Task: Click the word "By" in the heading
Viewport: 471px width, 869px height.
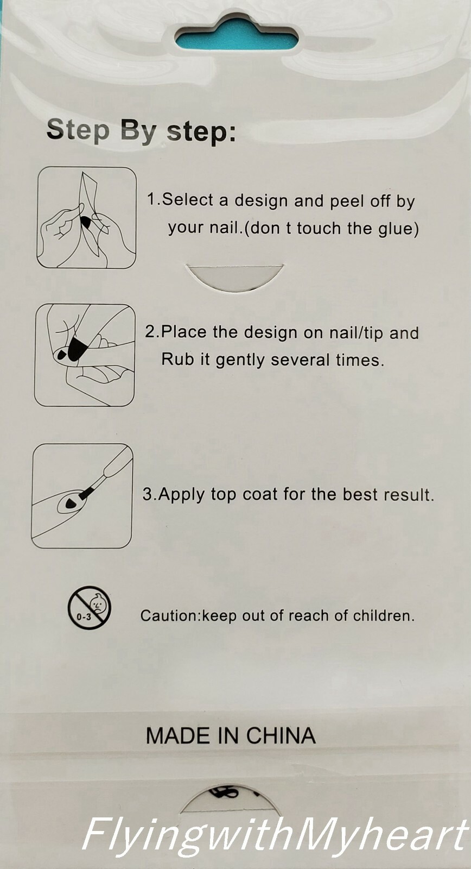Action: pyautogui.click(x=137, y=131)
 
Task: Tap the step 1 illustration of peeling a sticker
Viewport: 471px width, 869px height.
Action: pyautogui.click(x=86, y=218)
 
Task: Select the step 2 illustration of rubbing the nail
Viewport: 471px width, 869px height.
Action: pyautogui.click(x=85, y=355)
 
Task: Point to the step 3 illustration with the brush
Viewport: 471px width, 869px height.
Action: pyautogui.click(x=82, y=496)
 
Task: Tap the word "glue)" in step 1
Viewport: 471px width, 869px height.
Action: pyautogui.click(x=398, y=228)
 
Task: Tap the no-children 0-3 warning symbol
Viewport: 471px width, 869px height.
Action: pyautogui.click(x=90, y=607)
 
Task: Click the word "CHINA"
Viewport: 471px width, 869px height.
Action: pyautogui.click(x=281, y=735)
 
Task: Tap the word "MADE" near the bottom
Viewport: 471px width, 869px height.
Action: pyautogui.click(x=178, y=735)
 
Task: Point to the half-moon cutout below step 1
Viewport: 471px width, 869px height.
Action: pyautogui.click(x=234, y=276)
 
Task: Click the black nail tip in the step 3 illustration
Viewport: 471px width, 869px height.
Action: pyautogui.click(x=71, y=504)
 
